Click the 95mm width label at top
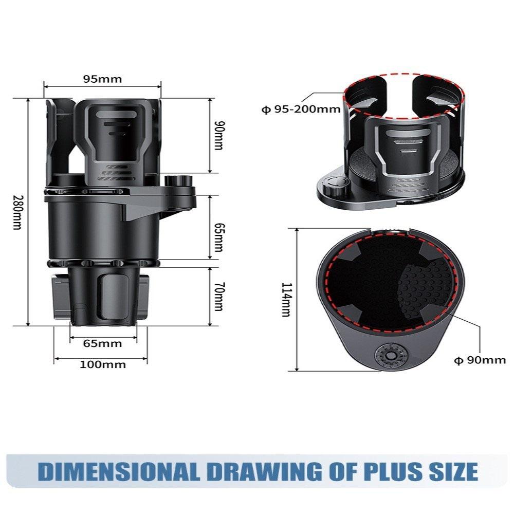(102, 79)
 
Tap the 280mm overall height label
(16, 212)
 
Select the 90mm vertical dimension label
(219, 136)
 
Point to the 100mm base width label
(102, 364)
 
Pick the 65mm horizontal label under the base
(103, 343)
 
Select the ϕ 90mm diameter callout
(480, 360)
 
